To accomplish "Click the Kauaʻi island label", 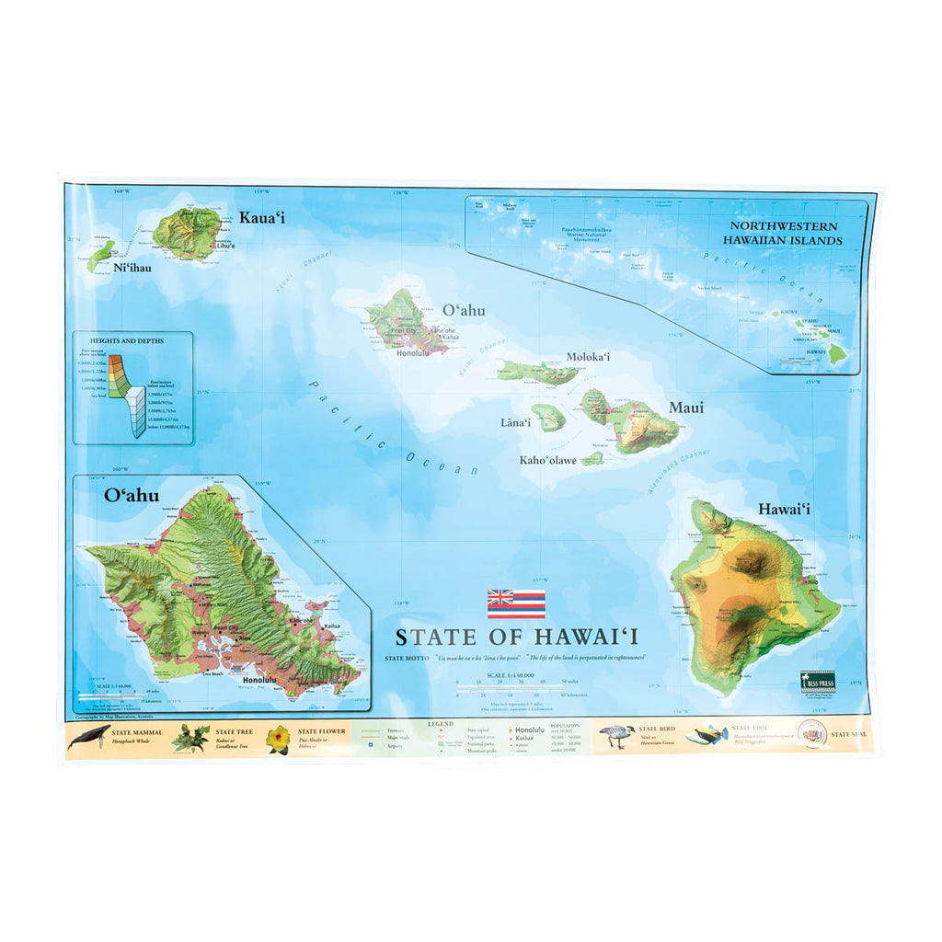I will point(262,218).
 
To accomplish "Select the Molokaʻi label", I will point(589,357).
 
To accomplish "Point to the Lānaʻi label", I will point(516,423).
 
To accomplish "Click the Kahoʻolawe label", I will point(548,460).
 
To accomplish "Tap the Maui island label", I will point(685,408).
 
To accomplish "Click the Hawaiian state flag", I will point(516,603).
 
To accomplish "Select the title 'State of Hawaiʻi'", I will point(517,637).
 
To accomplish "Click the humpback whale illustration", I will point(88,737).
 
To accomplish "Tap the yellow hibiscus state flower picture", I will point(278,739).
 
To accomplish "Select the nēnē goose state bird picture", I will point(616,736).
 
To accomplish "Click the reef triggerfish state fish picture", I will point(706,735).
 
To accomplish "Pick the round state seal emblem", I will point(812,734).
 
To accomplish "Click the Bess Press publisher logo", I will point(817,680).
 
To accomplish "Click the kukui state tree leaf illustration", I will point(190,738).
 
